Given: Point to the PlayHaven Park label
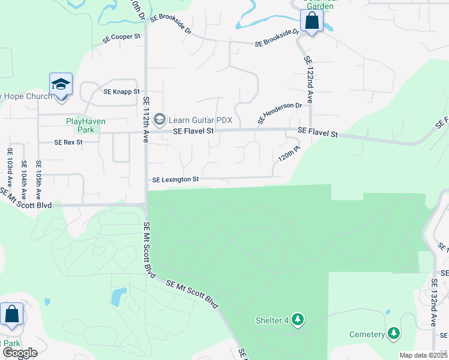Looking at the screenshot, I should click(86, 125).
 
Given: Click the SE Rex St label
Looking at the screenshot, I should click(68, 143).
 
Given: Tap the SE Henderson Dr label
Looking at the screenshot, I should click(280, 113).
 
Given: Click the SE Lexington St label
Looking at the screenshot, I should click(175, 179).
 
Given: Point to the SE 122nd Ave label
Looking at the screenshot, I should click(309, 79).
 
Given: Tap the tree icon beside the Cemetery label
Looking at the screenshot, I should click(394, 334).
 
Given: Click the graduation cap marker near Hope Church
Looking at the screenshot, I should click(61, 84).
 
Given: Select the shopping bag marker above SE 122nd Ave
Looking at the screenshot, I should click(312, 21).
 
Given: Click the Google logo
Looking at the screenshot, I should click(19, 353).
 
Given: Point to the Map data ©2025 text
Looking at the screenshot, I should click(424, 355).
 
